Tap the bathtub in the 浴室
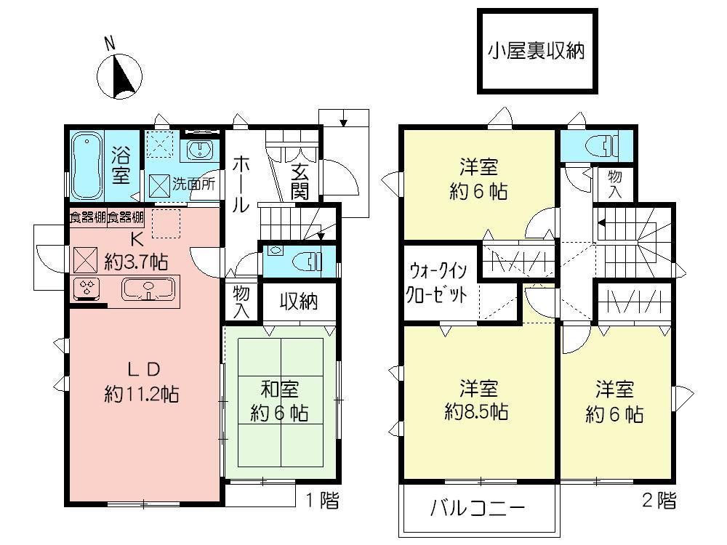pos(87,166)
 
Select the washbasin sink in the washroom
pos(198,150)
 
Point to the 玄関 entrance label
pos(300,182)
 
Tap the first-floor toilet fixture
pos(305,260)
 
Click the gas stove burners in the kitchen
pos(87,289)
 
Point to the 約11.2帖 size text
pos(142,395)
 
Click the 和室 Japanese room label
pos(279,389)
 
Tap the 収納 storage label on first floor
pos(299,301)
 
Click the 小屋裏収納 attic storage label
pos(536,52)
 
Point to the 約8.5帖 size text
pos(476,412)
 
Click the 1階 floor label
pos(321,500)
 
